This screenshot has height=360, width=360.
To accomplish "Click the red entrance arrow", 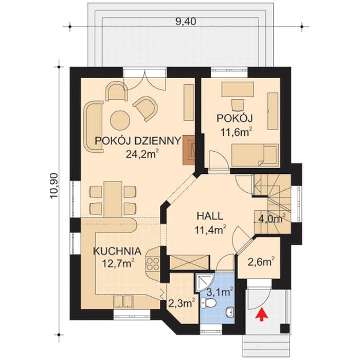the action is click(x=261, y=314).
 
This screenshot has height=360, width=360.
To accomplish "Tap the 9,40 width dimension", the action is click(x=186, y=22).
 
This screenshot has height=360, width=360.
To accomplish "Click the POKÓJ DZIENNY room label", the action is click(x=138, y=141).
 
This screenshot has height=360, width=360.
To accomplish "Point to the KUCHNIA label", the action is click(x=117, y=251).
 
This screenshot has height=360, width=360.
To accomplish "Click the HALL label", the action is click(x=210, y=217).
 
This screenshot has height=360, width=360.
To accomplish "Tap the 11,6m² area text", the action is click(x=237, y=132).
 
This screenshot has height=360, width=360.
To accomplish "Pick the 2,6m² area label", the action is click(x=261, y=262).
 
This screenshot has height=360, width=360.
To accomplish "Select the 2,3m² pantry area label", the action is click(x=182, y=303).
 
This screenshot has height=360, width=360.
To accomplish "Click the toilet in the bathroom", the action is click(x=208, y=303).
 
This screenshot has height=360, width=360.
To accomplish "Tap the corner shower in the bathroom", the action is click(x=205, y=282).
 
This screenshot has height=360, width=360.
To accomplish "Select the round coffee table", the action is click(x=120, y=120).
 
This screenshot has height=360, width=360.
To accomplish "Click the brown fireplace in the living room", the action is click(x=189, y=150).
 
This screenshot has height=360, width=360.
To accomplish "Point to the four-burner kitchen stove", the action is click(x=152, y=264).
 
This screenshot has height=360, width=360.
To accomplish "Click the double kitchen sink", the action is click(x=123, y=301).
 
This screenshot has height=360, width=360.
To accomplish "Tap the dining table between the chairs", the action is click(x=113, y=200).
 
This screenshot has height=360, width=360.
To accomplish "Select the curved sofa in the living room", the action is click(x=93, y=127).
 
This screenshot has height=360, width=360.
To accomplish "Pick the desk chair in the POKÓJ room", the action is click(x=237, y=105).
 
